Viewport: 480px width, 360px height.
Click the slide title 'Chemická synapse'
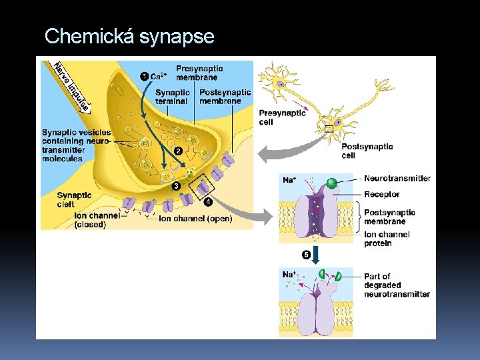(129, 36)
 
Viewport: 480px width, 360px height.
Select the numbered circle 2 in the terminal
(179, 151)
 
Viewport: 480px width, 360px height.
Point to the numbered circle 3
(177, 185)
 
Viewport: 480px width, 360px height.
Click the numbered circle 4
(209, 201)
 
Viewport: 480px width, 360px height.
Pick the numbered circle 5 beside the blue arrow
(306, 255)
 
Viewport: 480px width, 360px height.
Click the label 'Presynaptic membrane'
(199, 73)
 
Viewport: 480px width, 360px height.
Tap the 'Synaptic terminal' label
(171, 97)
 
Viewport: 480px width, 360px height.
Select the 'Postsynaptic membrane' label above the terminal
(225, 97)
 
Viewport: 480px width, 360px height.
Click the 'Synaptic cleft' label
(75, 200)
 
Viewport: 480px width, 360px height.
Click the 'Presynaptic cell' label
(282, 117)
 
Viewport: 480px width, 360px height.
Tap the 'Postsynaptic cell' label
(367, 151)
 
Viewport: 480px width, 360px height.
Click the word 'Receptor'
(382, 195)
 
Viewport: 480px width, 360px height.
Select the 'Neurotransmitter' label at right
(397, 179)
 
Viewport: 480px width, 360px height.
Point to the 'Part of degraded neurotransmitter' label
(396, 285)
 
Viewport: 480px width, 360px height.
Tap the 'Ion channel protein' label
(387, 239)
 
